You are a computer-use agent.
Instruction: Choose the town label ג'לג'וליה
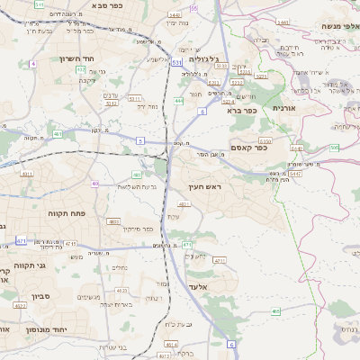pos(207,60)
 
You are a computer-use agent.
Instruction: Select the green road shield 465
pos(275,311)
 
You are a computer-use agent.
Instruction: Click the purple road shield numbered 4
pos(33,64)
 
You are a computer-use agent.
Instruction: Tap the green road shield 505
pos(334,147)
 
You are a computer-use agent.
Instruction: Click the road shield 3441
pos(283,22)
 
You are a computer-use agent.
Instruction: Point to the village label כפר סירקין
pos(134,229)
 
